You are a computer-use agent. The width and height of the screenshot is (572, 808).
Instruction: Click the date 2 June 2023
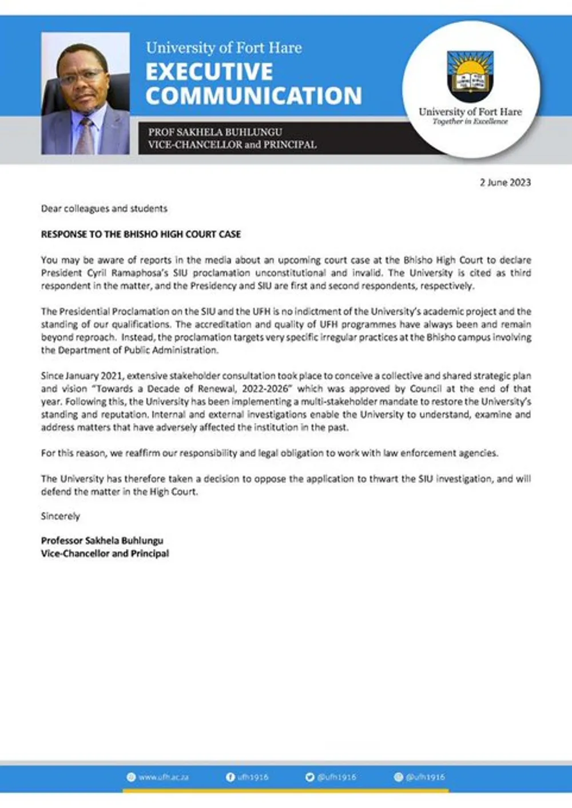pyautogui.click(x=505, y=182)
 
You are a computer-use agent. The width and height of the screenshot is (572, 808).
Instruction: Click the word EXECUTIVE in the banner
pyautogui.click(x=209, y=72)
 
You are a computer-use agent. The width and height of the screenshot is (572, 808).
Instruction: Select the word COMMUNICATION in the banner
pyautogui.click(x=253, y=95)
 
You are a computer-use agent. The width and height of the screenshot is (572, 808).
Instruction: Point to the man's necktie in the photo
pyautogui.click(x=86, y=136)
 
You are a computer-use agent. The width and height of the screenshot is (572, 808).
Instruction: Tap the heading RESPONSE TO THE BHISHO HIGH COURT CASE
pyautogui.click(x=141, y=234)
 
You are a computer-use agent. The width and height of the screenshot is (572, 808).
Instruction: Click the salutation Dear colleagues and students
pyautogui.click(x=104, y=209)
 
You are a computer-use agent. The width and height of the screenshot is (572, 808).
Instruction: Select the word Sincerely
pyautogui.click(x=61, y=516)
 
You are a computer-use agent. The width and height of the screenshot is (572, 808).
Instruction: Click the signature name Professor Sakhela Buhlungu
pyautogui.click(x=102, y=540)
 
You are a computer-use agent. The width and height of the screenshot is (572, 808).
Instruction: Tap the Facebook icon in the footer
pyautogui.click(x=231, y=777)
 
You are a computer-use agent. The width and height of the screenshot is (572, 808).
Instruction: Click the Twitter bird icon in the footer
pyautogui.click(x=309, y=777)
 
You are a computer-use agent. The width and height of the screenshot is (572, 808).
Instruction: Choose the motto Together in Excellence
pyautogui.click(x=470, y=122)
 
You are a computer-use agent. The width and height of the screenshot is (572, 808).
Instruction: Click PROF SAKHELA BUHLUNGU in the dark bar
pyautogui.click(x=215, y=132)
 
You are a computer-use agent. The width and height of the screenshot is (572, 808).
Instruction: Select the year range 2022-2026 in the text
pyautogui.click(x=264, y=389)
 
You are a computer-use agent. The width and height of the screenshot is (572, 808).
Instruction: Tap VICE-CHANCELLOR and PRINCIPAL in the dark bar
pyautogui.click(x=232, y=145)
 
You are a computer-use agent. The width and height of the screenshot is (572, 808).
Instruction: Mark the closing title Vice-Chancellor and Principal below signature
pyautogui.click(x=105, y=554)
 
